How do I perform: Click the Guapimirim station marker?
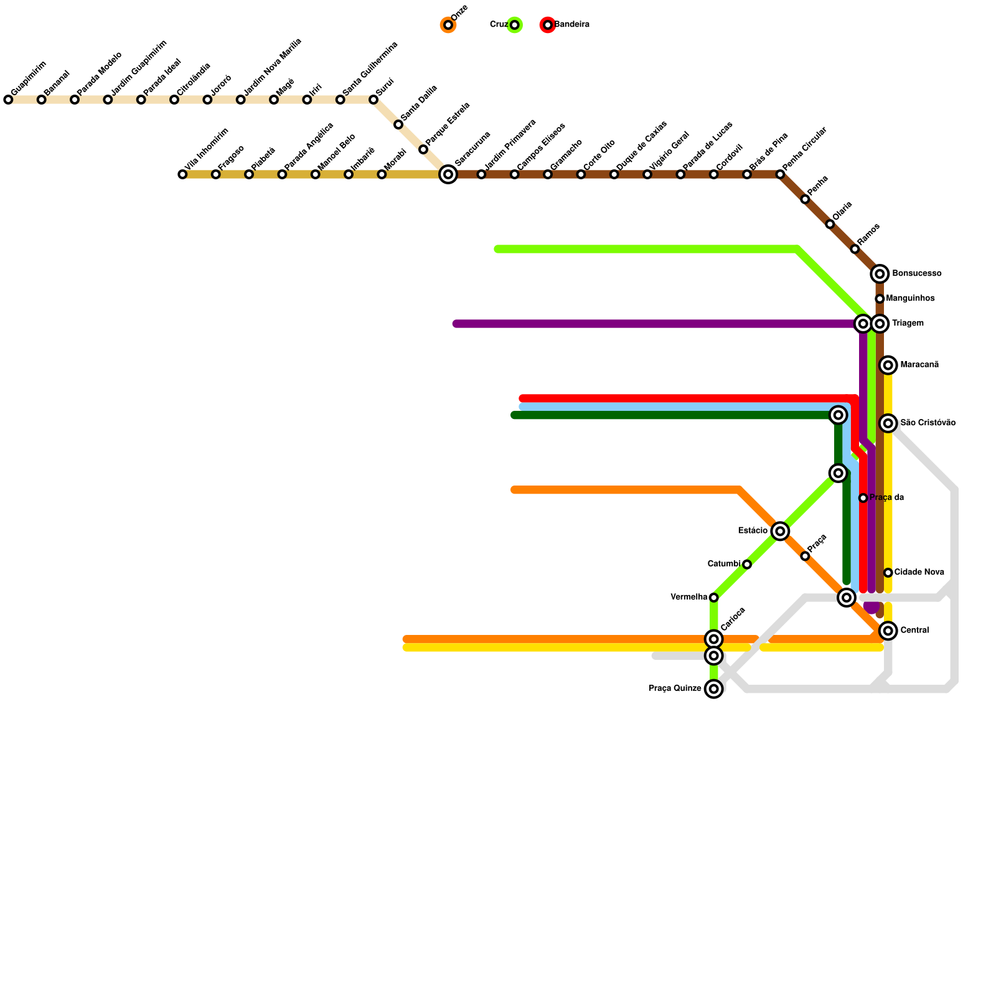tap(8, 100)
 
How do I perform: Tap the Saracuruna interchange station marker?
tap(448, 174)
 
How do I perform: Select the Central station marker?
tap(888, 631)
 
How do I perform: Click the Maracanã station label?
tap(919, 365)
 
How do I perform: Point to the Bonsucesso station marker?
tap(880, 274)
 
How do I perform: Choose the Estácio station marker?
tap(780, 531)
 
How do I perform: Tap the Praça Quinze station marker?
tap(714, 689)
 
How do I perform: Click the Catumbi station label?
tap(724, 564)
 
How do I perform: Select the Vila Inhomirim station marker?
tap(182, 174)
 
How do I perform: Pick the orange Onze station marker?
tap(448, 25)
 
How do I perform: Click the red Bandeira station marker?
tap(548, 25)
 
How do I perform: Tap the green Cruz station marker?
tap(514, 25)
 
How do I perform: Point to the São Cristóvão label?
tap(928, 423)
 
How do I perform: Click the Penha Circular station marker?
tap(780, 174)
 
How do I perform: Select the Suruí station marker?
tap(374, 100)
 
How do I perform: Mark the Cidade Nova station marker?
tap(888, 573)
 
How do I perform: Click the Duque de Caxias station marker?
tap(614, 174)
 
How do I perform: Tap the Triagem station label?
tap(908, 324)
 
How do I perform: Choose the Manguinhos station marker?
tap(880, 299)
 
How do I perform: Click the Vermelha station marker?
tap(714, 598)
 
